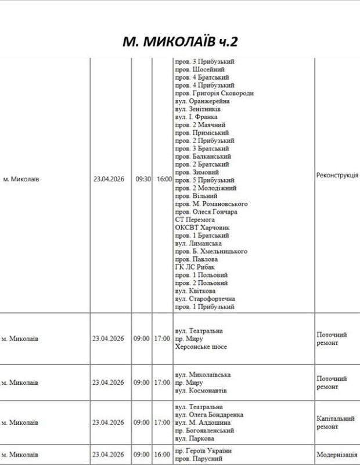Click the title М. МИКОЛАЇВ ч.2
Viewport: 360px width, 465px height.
click(x=180, y=41)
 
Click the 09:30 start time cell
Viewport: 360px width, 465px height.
click(x=143, y=180)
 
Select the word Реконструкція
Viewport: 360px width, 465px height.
click(x=337, y=176)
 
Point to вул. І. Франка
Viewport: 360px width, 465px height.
click(x=196, y=117)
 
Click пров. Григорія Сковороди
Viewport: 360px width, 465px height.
click(x=214, y=93)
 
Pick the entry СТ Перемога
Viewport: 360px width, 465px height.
click(x=195, y=220)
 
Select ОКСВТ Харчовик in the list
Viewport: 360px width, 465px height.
click(x=201, y=228)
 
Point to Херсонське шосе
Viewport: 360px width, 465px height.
click(x=201, y=346)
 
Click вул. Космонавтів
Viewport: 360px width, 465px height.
click(x=201, y=391)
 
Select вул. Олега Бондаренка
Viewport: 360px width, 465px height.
click(x=209, y=415)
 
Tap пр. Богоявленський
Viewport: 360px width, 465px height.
click(x=204, y=431)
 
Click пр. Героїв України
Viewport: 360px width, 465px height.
click(x=203, y=451)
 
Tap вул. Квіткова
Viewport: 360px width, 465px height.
click(x=195, y=291)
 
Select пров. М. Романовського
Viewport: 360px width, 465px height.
click(x=211, y=204)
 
